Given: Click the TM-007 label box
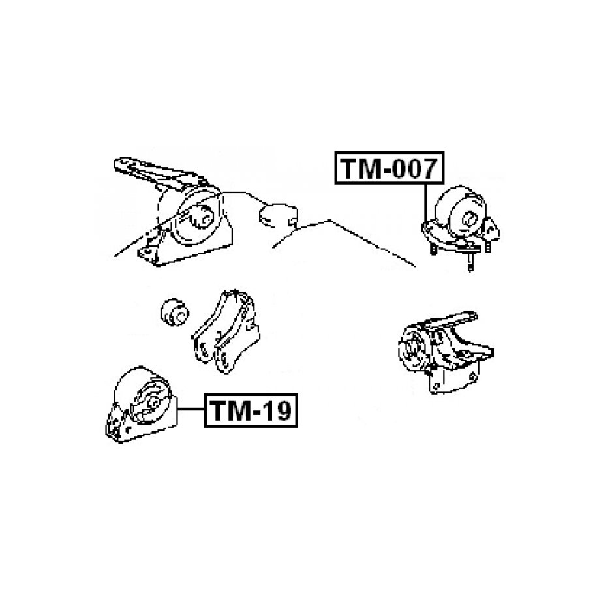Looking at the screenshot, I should click(x=390, y=168).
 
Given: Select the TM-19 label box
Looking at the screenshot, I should click(x=251, y=410).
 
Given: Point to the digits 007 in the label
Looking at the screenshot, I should click(x=415, y=168).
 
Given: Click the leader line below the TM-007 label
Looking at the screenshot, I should click(x=425, y=202).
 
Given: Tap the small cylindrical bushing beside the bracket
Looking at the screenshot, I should click(x=174, y=310).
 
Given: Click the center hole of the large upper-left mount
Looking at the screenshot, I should click(x=203, y=217).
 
